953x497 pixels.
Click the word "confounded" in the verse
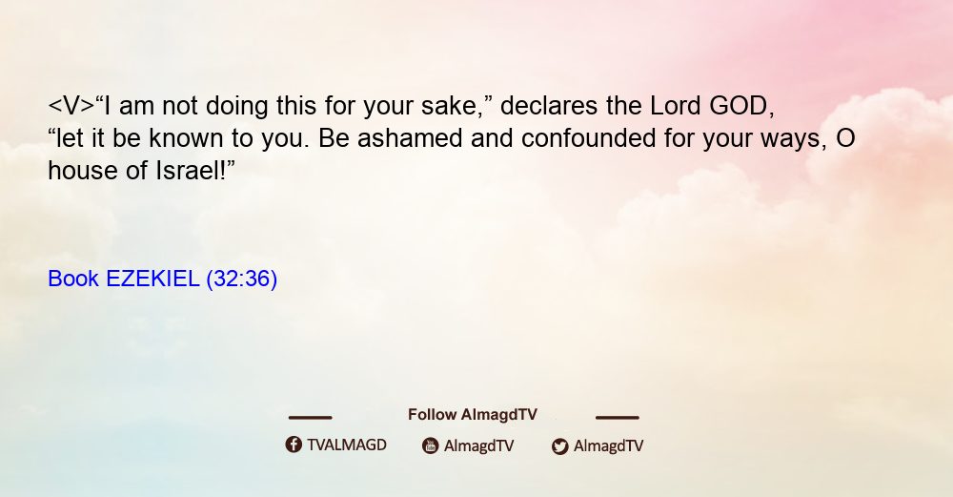[588, 138]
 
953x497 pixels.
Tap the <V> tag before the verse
[71, 107]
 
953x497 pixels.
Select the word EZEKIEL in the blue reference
[152, 279]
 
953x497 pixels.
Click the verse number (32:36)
[242, 279]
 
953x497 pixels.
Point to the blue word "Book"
[73, 279]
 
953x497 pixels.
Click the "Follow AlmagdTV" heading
[473, 415]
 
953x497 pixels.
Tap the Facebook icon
[294, 445]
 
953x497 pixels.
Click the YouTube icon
[431, 445]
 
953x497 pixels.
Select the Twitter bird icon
[559, 446]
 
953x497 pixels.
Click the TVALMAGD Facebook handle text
[347, 445]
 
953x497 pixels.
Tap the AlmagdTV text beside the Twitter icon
[608, 446]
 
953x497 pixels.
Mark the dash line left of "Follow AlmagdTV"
[310, 418]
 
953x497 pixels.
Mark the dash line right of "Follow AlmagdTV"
[618, 418]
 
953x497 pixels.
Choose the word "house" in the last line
[83, 171]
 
